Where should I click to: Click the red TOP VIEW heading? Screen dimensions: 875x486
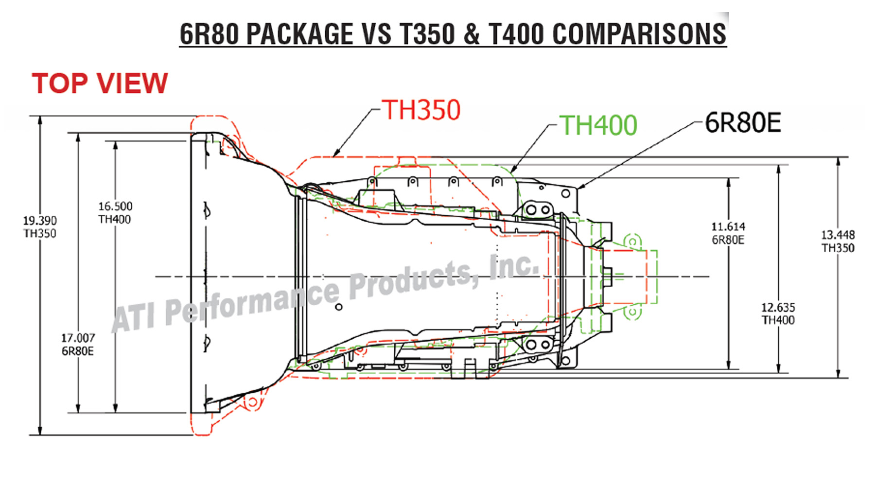click(100, 83)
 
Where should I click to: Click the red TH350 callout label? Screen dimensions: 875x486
click(421, 110)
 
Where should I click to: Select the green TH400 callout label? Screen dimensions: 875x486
click(598, 125)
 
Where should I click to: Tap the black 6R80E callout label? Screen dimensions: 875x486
click(743, 122)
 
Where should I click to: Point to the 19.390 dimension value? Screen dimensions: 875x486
click(40, 221)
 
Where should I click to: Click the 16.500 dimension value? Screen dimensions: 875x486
click(115, 207)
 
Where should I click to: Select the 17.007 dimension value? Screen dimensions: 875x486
click(78, 338)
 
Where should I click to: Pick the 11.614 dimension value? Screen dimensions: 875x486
click(728, 227)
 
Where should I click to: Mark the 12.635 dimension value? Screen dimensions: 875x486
click(778, 308)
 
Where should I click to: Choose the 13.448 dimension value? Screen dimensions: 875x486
click(838, 235)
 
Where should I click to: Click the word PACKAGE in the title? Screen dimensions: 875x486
click(299, 34)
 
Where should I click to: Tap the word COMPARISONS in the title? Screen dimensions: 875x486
click(639, 34)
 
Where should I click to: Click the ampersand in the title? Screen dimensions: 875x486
click(472, 34)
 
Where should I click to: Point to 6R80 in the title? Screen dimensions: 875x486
click(209, 34)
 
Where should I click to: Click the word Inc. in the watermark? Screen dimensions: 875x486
click(514, 266)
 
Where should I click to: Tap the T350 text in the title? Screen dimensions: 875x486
click(427, 34)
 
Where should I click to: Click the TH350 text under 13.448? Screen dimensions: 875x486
click(838, 248)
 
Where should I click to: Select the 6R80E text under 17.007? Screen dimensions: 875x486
click(78, 351)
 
